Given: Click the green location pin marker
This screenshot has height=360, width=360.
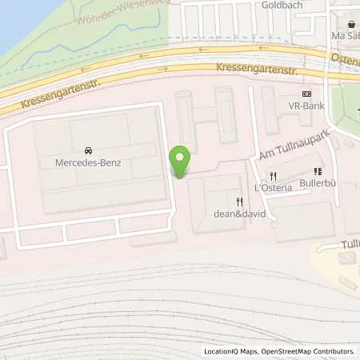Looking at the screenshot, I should pyautogui.click(x=181, y=162).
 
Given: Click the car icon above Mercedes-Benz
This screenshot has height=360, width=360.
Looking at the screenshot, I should pyautogui.click(x=86, y=150).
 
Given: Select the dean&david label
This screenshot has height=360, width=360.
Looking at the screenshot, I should pyautogui.click(x=238, y=214).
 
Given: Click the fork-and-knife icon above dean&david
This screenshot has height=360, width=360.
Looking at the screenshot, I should pyautogui.click(x=238, y=202).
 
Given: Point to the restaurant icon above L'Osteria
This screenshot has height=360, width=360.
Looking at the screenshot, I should pyautogui.click(x=273, y=175).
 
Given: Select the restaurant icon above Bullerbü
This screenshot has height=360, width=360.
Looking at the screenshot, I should pyautogui.click(x=318, y=171).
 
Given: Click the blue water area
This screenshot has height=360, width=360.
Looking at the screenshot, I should pyautogui.click(x=16, y=20).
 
